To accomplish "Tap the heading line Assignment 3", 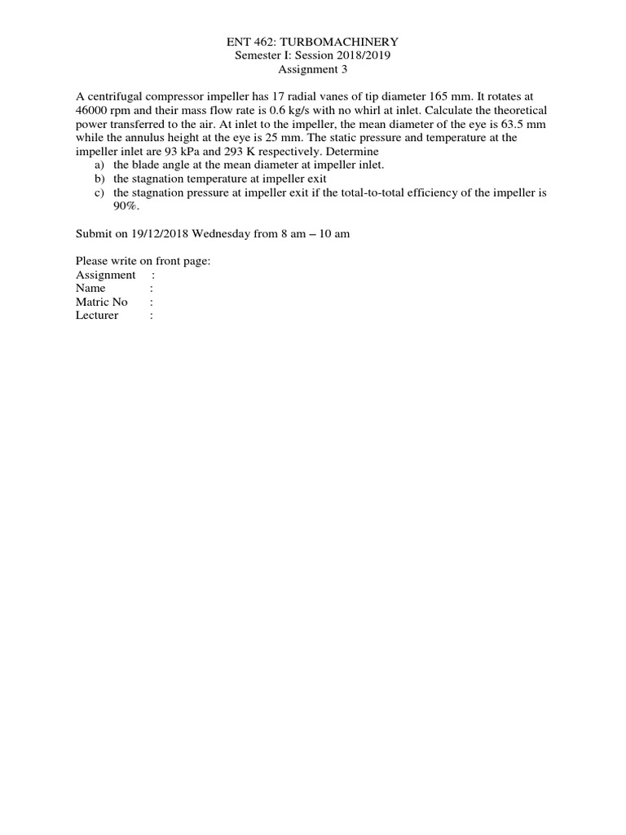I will (313, 68).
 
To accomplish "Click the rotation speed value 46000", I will (92, 110).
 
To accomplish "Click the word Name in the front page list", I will (90, 288).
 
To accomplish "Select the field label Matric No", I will (102, 302).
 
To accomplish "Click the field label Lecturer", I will (97, 316).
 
